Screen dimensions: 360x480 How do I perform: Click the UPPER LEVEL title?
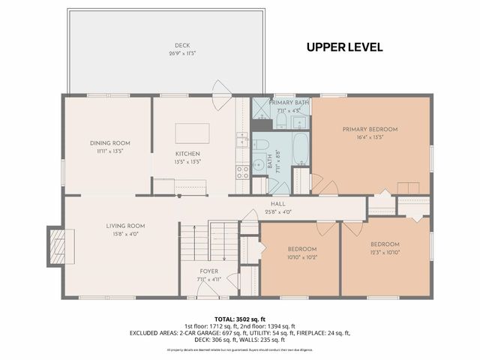tap(345, 47)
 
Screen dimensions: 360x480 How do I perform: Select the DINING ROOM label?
tap(110, 143)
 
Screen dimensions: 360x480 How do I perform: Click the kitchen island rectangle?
tap(193, 133)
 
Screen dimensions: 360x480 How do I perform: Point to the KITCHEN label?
tap(187, 154)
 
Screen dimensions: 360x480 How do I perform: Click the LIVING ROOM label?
tap(124, 226)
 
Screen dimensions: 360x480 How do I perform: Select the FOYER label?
tap(209, 271)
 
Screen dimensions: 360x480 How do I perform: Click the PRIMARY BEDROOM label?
tap(370, 129)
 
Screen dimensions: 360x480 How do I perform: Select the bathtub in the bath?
tap(298, 149)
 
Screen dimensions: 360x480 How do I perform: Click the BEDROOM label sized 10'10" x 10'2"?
tap(302, 249)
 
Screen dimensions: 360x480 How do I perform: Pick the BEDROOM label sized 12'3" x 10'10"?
tap(385, 244)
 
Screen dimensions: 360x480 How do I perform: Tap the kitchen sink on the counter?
tap(241, 139)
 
